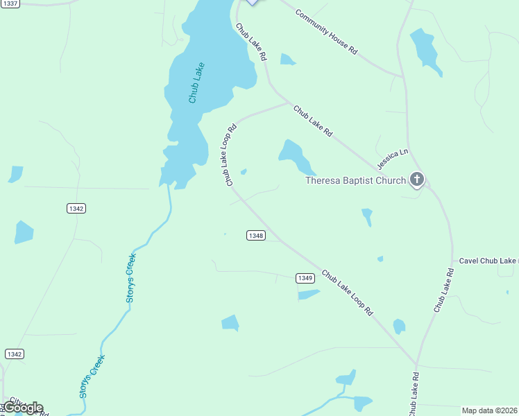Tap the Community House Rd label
(x=325, y=33)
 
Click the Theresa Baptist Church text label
(x=356, y=181)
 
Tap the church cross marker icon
(x=416, y=180)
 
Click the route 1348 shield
(x=255, y=236)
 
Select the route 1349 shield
(x=305, y=278)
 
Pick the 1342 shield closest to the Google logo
(x=15, y=354)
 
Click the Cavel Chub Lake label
(x=488, y=261)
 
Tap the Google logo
(x=23, y=407)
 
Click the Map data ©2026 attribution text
(x=490, y=410)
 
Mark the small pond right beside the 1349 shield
(x=308, y=295)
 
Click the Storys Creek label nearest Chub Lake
(x=131, y=277)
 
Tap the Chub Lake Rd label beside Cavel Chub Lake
(x=444, y=289)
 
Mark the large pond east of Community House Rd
(x=425, y=50)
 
